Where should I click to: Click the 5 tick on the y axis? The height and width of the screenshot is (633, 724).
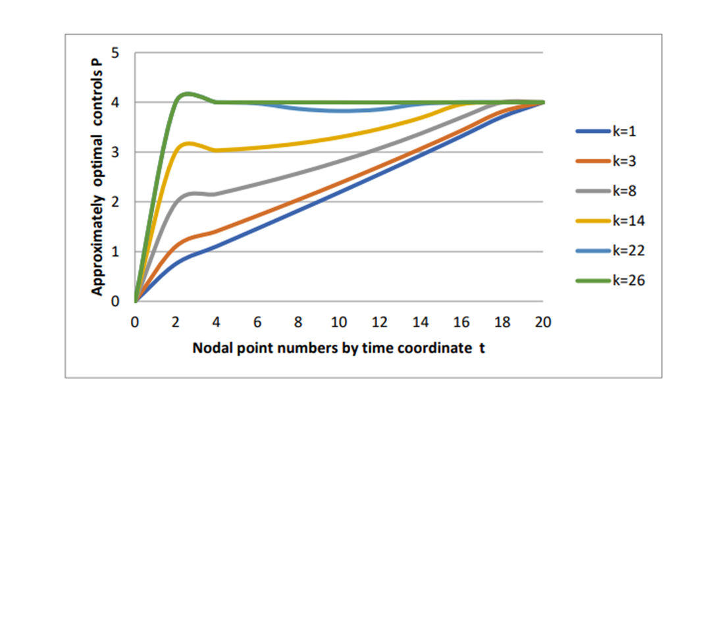(116, 53)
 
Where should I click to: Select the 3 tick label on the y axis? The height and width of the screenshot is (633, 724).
(116, 152)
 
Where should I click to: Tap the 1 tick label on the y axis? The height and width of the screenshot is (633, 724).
(116, 251)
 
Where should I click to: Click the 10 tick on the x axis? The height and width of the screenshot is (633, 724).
(339, 322)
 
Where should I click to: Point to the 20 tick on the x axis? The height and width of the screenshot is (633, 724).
(543, 322)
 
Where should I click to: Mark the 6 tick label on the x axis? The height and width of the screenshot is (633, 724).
(257, 322)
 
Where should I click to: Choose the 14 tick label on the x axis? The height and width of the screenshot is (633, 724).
(421, 322)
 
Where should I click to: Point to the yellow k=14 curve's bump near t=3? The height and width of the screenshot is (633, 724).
(190, 143)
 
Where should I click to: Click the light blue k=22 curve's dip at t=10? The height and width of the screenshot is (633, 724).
(339, 111)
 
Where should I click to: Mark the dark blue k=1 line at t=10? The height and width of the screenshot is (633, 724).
(339, 192)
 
